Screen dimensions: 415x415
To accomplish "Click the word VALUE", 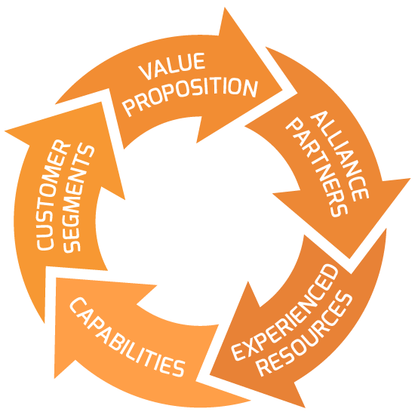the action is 171,66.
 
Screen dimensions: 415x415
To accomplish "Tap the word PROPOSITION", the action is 190,97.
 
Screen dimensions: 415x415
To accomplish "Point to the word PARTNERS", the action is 317,168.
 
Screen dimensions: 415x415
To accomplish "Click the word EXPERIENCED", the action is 284,312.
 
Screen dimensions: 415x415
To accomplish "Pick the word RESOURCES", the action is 305,334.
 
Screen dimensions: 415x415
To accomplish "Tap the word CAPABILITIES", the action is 127,337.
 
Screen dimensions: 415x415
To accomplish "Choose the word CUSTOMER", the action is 53,195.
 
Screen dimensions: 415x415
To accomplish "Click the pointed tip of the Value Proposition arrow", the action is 282,91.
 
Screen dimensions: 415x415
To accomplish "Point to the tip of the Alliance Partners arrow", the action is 349,259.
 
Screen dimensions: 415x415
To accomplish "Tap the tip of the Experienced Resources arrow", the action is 210,374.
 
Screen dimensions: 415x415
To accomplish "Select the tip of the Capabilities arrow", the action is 57,278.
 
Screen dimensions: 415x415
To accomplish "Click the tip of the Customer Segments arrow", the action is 101,102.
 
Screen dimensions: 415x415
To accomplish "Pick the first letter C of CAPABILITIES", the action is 78,305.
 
